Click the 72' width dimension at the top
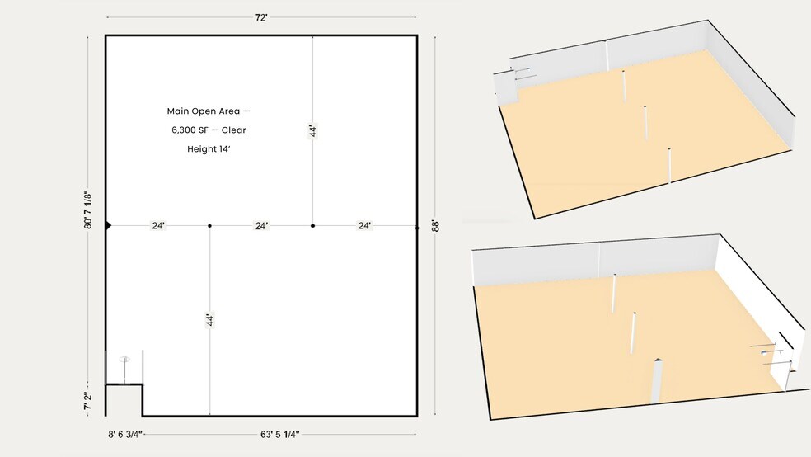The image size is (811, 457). pos(261,17)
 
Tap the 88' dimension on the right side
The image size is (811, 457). pos(435,226)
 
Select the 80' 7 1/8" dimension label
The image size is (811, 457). pos(87,210)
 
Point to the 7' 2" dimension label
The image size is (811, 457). pos(87,401)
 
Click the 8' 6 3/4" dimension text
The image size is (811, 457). pos(125,434)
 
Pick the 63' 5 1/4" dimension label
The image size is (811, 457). pos(280,434)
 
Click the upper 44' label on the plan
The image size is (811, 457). pos(312,131)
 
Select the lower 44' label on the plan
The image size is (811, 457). pos(209,320)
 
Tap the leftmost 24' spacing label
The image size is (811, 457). pos(158,226)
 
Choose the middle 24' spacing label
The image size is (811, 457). pos(262,226)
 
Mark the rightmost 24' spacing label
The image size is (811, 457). pos(364,226)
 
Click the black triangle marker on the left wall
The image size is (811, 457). pos(108,226)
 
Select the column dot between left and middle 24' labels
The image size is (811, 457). pos(209,226)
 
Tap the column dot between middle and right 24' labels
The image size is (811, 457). pos(312,226)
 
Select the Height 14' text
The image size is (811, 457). pos(209,149)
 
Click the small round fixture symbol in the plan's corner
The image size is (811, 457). pos(124,359)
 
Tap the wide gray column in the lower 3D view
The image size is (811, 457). pos(656,380)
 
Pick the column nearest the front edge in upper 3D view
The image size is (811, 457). pos(669,166)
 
